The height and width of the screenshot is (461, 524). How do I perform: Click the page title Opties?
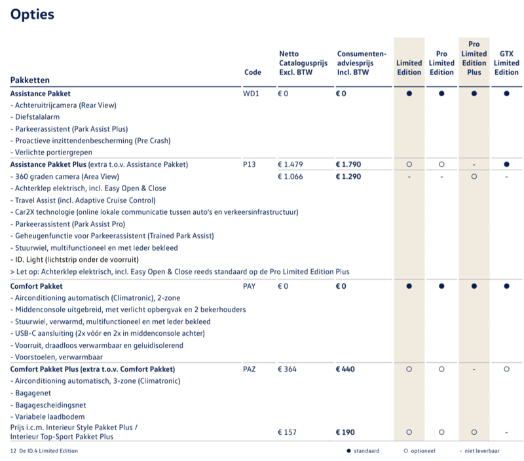(32, 14)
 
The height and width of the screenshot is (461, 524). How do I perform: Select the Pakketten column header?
(30, 80)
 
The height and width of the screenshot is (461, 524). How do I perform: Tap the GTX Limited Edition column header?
(506, 63)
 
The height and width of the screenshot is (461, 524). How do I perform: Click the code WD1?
(252, 94)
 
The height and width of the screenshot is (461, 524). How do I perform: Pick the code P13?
(250, 164)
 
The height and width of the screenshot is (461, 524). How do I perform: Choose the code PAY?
(250, 286)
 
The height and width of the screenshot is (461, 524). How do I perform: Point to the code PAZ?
(250, 369)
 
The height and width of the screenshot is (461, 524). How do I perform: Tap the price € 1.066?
(291, 176)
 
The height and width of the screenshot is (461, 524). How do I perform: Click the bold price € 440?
(346, 369)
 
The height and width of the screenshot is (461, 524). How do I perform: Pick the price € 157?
(288, 432)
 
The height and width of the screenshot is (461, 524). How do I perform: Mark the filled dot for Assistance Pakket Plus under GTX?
(506, 164)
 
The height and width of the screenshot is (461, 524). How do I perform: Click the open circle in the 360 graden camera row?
(474, 176)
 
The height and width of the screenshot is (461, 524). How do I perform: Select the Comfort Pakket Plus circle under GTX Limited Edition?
(506, 369)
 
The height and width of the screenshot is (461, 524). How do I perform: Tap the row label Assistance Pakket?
(41, 94)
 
